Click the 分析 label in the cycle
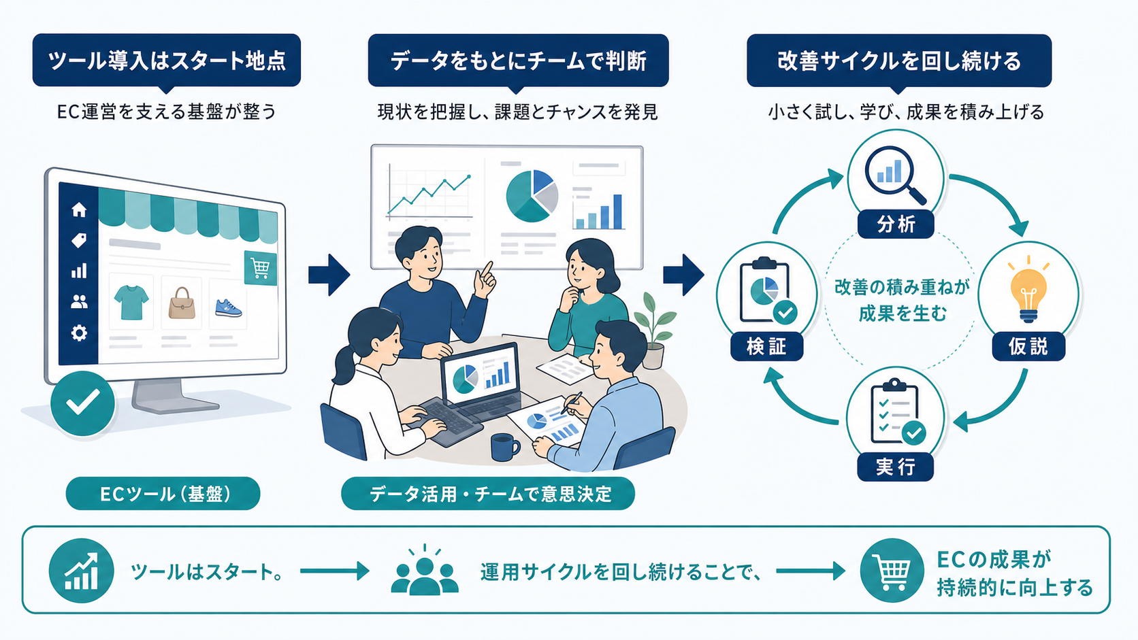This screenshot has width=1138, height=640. (x=896, y=224)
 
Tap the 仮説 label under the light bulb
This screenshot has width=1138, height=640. (x=1028, y=346)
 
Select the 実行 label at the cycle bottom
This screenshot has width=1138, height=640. (x=895, y=467)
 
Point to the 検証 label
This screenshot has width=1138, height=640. (x=766, y=347)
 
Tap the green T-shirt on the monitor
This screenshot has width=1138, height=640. (x=131, y=302)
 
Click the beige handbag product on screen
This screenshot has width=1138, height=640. (x=181, y=303)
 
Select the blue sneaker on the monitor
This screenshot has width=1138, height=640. (x=228, y=307)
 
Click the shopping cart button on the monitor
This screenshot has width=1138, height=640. (x=260, y=267)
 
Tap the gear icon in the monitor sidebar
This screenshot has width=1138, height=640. (x=79, y=333)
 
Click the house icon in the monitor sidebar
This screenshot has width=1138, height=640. (x=79, y=209)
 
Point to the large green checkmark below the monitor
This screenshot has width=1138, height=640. (x=83, y=403)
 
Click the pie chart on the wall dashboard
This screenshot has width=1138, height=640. (x=532, y=196)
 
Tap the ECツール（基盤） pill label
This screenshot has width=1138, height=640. (x=163, y=493)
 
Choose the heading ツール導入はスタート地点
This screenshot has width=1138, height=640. (x=167, y=61)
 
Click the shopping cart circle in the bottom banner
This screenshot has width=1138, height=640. (x=892, y=571)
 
